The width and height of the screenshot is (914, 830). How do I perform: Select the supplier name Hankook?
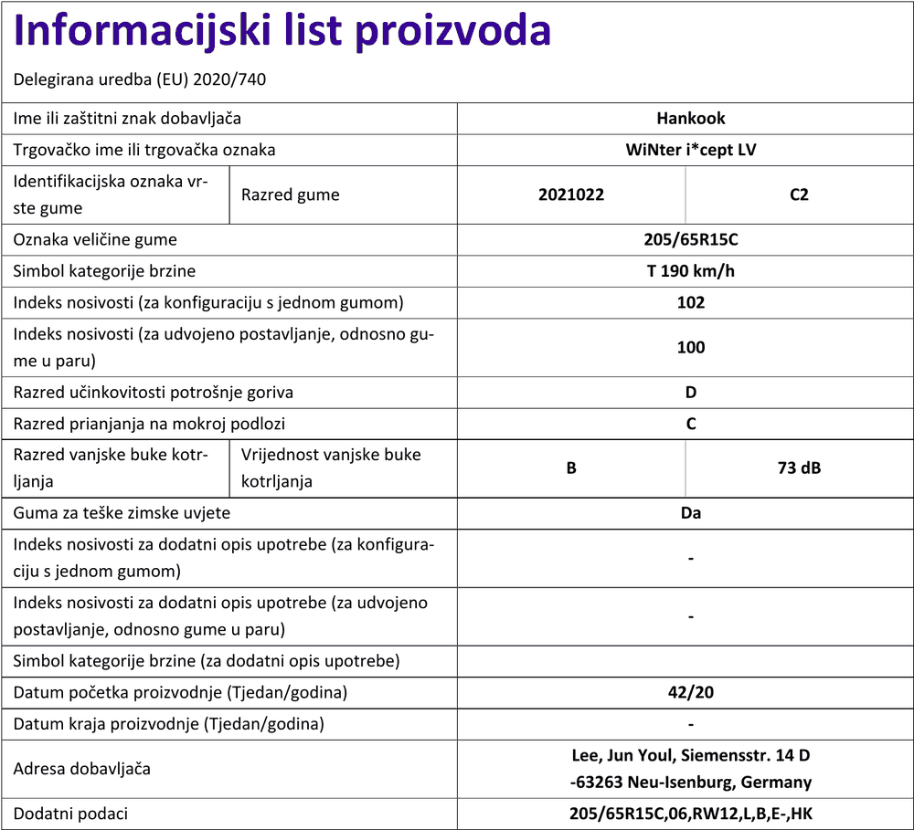tap(691, 119)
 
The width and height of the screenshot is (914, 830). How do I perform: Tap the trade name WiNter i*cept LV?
tap(691, 150)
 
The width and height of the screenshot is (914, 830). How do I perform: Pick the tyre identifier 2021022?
tap(571, 194)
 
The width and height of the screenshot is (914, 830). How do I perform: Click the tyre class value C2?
tap(799, 194)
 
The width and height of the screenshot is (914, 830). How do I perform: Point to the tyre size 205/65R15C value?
tap(691, 240)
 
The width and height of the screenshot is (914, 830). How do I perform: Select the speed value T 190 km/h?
tap(691, 271)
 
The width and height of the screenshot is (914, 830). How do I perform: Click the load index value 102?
tap(691, 302)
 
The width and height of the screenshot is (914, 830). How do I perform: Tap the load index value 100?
tap(691, 347)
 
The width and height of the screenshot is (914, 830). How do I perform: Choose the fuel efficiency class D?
tap(691, 393)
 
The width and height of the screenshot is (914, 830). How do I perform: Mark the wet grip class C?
tap(691, 424)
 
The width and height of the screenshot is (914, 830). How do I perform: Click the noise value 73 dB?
tap(799, 468)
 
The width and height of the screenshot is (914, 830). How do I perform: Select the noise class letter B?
tap(571, 468)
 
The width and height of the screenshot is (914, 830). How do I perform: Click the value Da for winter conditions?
tap(691, 513)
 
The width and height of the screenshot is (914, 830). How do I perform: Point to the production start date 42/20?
tap(691, 692)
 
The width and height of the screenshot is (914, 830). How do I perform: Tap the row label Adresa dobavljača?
tap(82, 769)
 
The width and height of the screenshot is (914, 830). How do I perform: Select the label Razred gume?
tap(291, 194)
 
